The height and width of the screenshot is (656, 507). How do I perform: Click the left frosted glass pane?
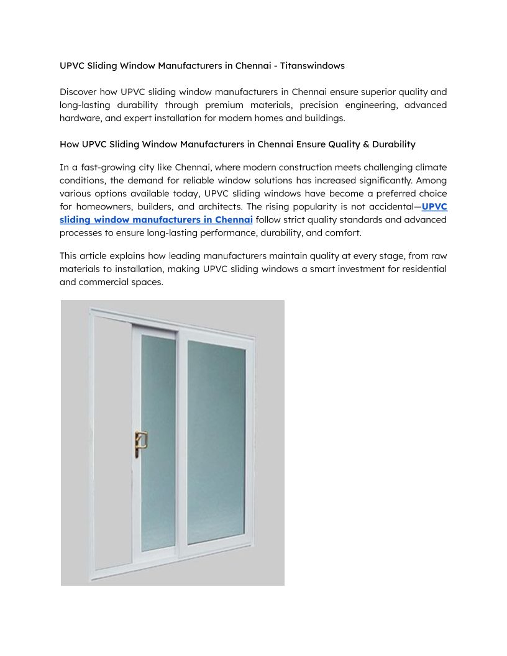point(158,442)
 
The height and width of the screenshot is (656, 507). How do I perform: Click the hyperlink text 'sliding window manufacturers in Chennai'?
point(156,220)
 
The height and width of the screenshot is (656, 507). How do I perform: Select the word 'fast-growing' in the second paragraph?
point(107,168)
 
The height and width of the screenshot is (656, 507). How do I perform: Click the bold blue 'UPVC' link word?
point(434,207)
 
